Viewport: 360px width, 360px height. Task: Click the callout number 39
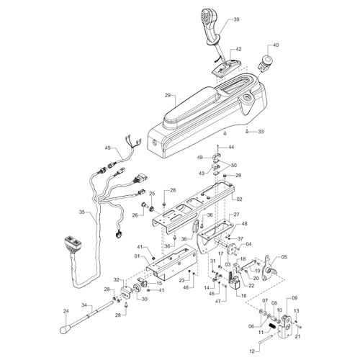pos(236,19)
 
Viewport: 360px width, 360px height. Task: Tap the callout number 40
pos(276,45)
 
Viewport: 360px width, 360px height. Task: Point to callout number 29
pos(168,96)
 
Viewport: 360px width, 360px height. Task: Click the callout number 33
pos(261,132)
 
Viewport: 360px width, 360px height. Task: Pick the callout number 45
pos(108,148)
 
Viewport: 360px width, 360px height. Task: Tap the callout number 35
pos(82,212)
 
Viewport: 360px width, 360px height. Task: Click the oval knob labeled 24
pos(66,330)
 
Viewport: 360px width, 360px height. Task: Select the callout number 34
pos(84,305)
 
